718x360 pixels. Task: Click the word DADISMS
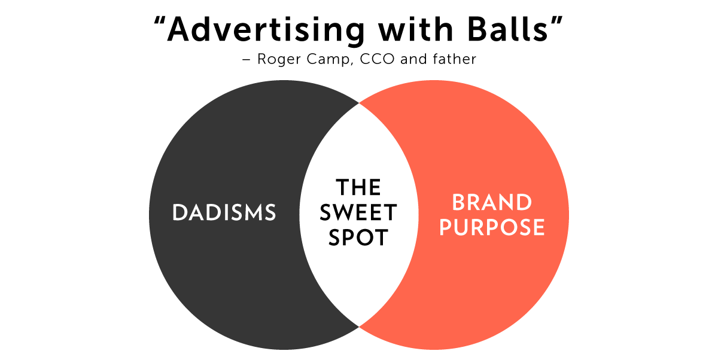[x=224, y=213]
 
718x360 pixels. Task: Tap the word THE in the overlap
[x=358, y=188]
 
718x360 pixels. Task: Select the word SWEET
[x=358, y=213]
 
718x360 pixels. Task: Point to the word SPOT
[x=358, y=238]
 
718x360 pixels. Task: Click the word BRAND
[x=492, y=203]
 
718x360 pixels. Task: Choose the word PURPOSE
[x=492, y=228]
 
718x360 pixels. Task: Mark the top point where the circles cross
[x=359, y=103]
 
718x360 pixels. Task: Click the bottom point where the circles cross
[x=359, y=326]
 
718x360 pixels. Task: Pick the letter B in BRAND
[x=459, y=203]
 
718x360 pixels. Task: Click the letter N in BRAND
[x=507, y=203]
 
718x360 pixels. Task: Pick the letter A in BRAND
[x=490, y=203]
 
